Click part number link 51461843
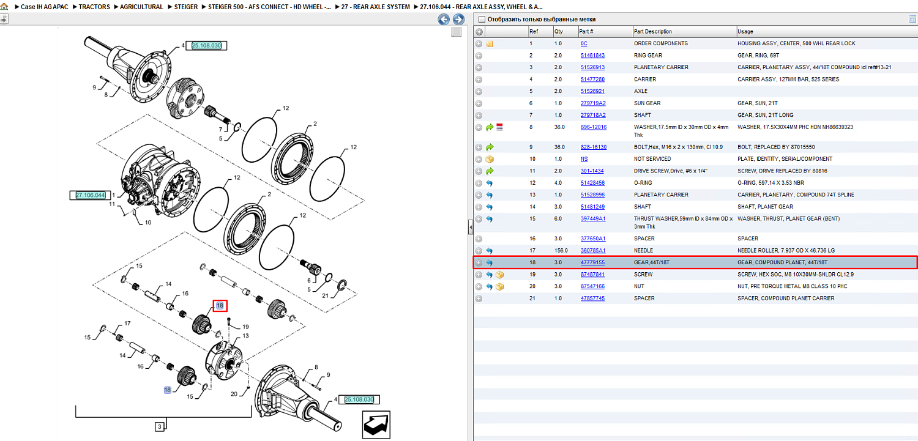pyautogui.click(x=592, y=55)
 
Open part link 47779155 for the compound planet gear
pyautogui.click(x=592, y=262)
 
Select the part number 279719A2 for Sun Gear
pyautogui.click(x=592, y=103)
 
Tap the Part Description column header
pyautogui.click(x=652, y=32)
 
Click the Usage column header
pyautogui.click(x=745, y=32)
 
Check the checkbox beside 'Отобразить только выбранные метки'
pyautogui.click(x=482, y=19)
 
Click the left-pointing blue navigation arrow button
pyautogui.click(x=444, y=19)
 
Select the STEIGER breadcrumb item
pyautogui.click(x=185, y=7)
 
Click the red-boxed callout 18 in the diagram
pyautogui.click(x=220, y=305)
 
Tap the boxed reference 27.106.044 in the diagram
pyautogui.click(x=90, y=195)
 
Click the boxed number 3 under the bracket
pyautogui.click(x=160, y=427)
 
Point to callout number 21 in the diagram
pyautogui.click(x=326, y=295)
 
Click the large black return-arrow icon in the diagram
pyautogui.click(x=376, y=424)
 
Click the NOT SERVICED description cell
pyautogui.click(x=652, y=159)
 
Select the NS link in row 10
pyautogui.click(x=584, y=159)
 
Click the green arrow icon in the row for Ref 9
pyautogui.click(x=490, y=147)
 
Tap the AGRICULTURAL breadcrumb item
pyautogui.click(x=141, y=7)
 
